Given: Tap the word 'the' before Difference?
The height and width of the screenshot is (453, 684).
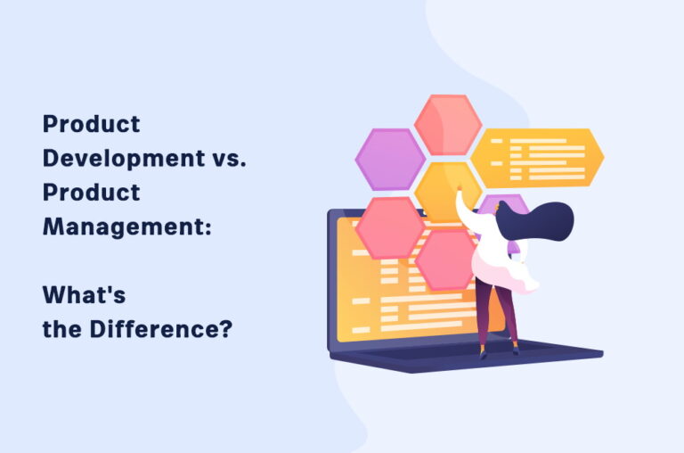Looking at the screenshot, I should click(x=63, y=329).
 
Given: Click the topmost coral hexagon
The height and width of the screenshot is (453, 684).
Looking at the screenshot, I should click(x=447, y=124).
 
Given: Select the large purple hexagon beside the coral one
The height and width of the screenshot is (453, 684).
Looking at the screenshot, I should click(x=390, y=160).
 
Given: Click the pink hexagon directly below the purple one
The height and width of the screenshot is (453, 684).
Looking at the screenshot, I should click(x=390, y=226).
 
